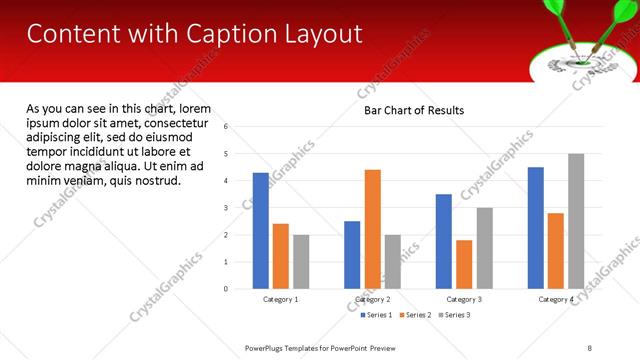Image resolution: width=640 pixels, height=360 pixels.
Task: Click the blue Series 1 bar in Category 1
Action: point(260,231)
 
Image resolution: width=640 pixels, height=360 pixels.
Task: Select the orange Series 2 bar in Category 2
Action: point(372,229)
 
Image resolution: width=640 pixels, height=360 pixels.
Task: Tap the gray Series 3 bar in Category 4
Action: point(576,221)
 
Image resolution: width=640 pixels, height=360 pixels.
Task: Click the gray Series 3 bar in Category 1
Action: point(301,262)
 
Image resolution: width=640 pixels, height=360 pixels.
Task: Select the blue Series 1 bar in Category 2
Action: point(352,255)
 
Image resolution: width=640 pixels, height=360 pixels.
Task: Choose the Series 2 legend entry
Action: point(416,315)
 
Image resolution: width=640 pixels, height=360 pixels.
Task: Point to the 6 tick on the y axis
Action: point(226,127)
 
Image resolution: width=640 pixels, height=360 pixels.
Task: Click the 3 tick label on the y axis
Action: point(226,208)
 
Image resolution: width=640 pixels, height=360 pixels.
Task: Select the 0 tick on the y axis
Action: point(226,289)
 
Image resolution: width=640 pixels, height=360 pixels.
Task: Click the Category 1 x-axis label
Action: point(281,300)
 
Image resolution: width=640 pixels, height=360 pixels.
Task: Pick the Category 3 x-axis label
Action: point(464,300)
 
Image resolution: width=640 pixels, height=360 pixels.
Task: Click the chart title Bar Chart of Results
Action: point(414,110)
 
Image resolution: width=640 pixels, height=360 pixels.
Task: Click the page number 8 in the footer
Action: point(589,347)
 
